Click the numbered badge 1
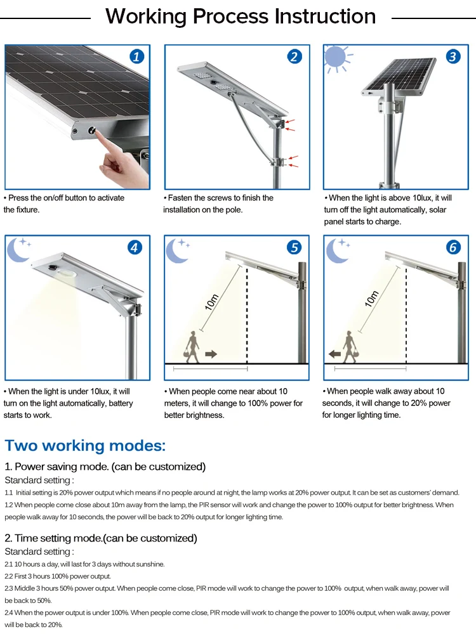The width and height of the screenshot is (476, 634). [x=136, y=56]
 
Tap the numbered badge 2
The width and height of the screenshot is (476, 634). [x=294, y=56]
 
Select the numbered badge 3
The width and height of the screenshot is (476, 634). [x=453, y=56]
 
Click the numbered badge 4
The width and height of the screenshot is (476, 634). [x=135, y=247]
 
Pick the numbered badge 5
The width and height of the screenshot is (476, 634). [x=294, y=247]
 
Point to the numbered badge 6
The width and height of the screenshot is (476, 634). [x=453, y=247]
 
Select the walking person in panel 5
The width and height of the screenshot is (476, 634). [x=192, y=346]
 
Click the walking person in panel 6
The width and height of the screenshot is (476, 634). [x=350, y=346]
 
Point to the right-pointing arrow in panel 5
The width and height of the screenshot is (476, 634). [x=211, y=353]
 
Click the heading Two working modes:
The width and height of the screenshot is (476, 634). [x=85, y=445]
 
